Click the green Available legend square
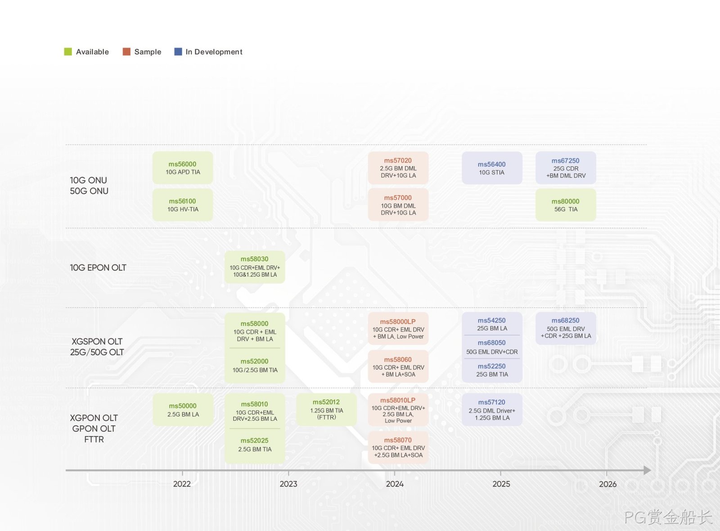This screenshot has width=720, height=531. pos(68,52)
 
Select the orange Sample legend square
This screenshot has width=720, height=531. pos(126,52)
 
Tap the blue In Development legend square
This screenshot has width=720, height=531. pos(178,52)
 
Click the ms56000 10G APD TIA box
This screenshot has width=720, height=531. pos(183,168)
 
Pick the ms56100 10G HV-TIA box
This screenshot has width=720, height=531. pos(183,205)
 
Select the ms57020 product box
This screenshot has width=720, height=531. pos(398,168)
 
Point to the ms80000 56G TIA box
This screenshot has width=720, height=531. pos(566,205)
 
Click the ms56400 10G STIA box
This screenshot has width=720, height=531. pos(492,168)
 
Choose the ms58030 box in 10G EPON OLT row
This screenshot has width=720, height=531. pos(255,267)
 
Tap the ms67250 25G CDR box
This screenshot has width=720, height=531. pos(566,168)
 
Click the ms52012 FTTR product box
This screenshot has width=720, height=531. pos(327,409)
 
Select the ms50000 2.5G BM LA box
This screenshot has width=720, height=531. pos(183,409)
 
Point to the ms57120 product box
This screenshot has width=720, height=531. pos(492,409)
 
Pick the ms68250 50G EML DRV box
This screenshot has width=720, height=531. pos(566,328)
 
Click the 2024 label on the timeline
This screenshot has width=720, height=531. pos(395,484)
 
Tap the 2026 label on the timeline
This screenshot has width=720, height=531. pos(607,484)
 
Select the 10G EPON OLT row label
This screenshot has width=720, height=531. pos(98,268)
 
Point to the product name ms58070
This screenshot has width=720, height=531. pos(398,440)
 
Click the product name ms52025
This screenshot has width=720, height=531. pos(255,440)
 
